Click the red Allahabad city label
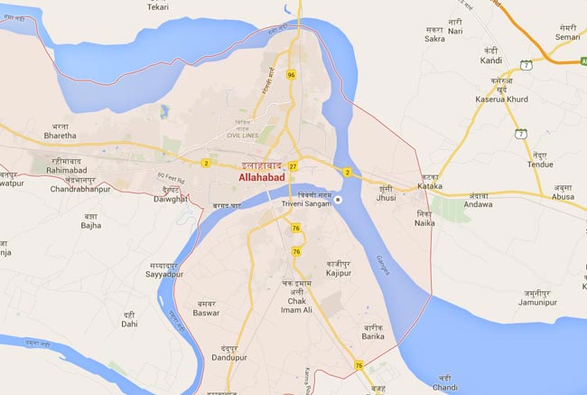261,179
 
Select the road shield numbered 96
291,74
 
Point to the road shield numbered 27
293,166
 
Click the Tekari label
158,7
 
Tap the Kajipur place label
339,271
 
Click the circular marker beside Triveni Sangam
340,200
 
